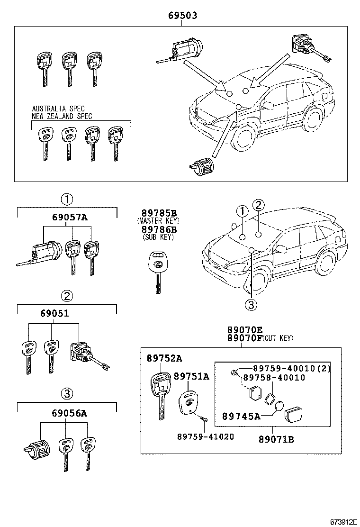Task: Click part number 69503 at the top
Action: (x=182, y=16)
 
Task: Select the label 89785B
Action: (x=157, y=213)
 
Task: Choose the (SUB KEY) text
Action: (x=157, y=237)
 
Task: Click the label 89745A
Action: (x=241, y=417)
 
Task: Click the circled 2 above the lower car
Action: (x=258, y=205)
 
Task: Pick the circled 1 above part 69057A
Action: (x=67, y=199)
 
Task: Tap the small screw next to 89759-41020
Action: (x=203, y=418)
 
